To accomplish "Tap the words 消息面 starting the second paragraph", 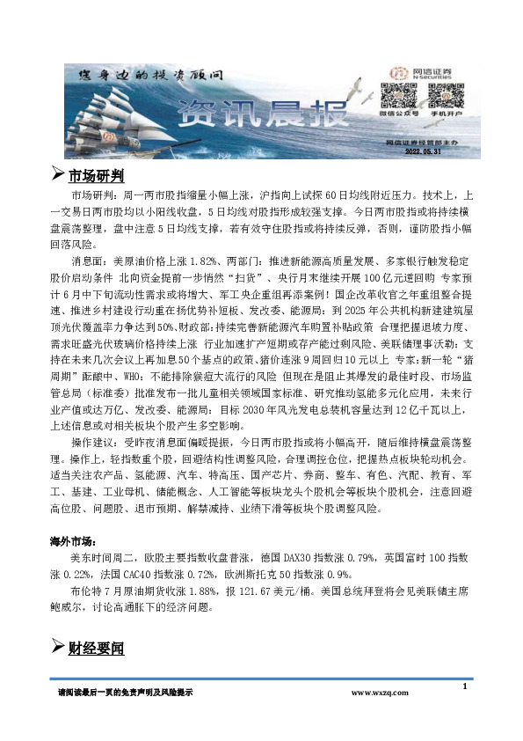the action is click(90, 262).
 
